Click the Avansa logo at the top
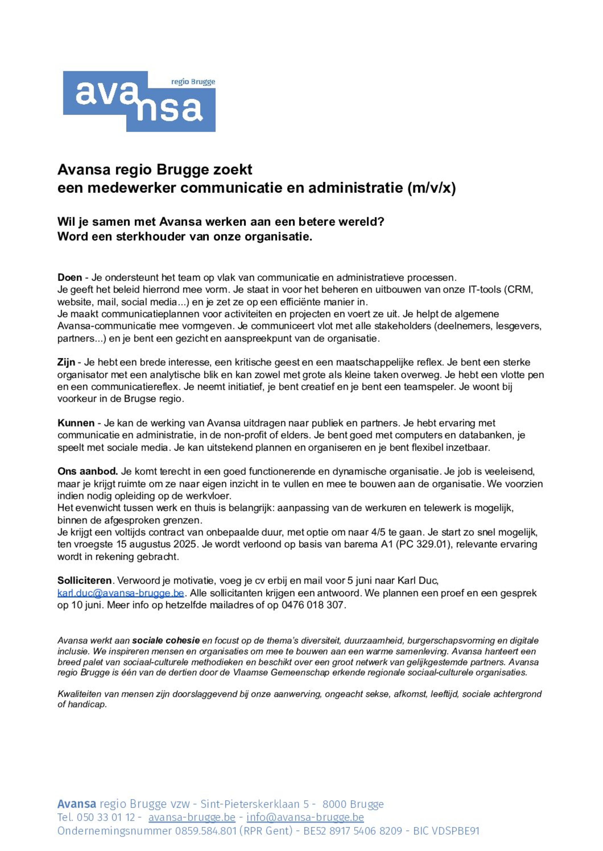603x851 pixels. tap(139, 101)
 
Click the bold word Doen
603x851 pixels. tap(69, 277)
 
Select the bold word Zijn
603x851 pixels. tap(66, 362)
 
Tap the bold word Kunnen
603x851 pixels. tap(76, 423)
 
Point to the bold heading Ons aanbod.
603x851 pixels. tap(87, 472)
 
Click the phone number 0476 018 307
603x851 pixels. tap(313, 605)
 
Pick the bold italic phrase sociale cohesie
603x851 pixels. tap(166, 641)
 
